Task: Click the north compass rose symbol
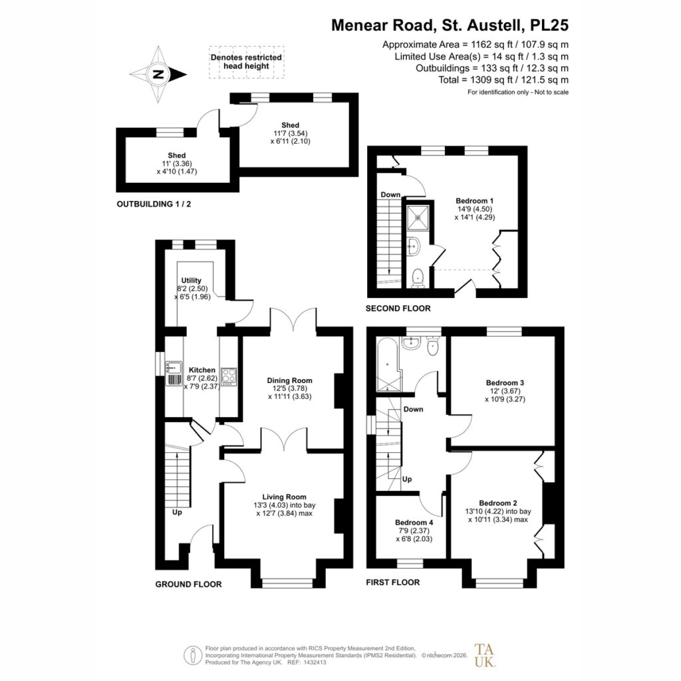(x=158, y=74)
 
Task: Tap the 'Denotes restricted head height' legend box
(x=246, y=62)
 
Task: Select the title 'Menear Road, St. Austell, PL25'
(x=450, y=25)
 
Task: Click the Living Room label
(x=284, y=497)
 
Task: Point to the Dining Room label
(x=290, y=380)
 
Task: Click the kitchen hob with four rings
(x=229, y=376)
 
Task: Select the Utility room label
(x=191, y=281)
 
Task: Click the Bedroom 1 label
(x=474, y=201)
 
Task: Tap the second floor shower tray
(x=418, y=217)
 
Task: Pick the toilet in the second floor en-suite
(x=418, y=278)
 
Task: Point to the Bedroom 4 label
(x=414, y=523)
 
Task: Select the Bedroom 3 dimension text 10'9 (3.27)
(x=505, y=399)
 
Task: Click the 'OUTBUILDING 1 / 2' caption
(x=154, y=204)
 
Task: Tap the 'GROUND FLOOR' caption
(x=188, y=585)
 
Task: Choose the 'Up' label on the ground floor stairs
(x=177, y=513)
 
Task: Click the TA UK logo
(x=485, y=655)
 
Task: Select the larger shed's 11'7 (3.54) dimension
(x=290, y=133)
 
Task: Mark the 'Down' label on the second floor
(x=390, y=195)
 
